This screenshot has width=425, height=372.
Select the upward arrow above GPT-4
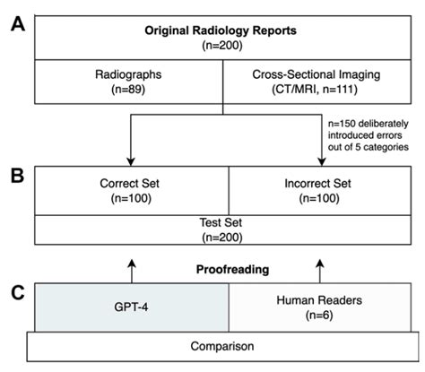point(132,267)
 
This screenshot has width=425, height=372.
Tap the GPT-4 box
point(132,309)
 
